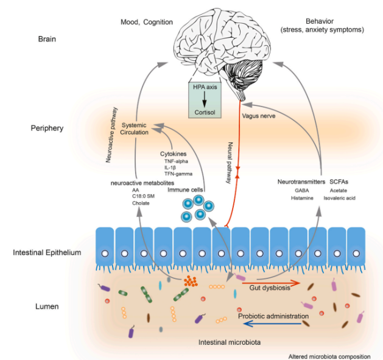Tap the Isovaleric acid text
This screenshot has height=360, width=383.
[x=340, y=198]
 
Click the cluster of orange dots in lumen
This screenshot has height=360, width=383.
[x=191, y=281]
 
